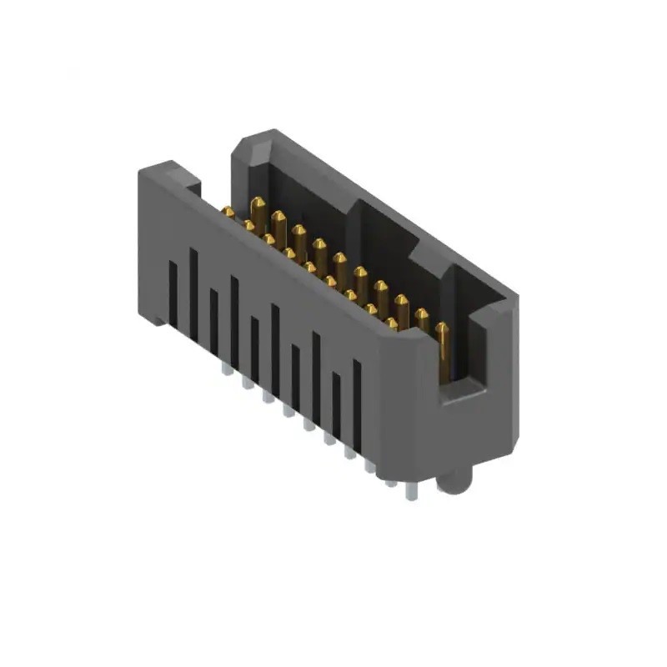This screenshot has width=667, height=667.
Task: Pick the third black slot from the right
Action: click(316, 375)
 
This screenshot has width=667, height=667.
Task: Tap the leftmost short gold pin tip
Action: click(228, 213)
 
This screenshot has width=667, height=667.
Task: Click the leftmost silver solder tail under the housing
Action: click(226, 368)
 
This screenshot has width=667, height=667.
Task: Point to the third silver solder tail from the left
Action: click(268, 395)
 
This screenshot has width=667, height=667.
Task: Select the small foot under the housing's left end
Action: click(158, 319)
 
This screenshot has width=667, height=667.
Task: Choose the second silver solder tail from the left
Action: click(247, 383)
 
